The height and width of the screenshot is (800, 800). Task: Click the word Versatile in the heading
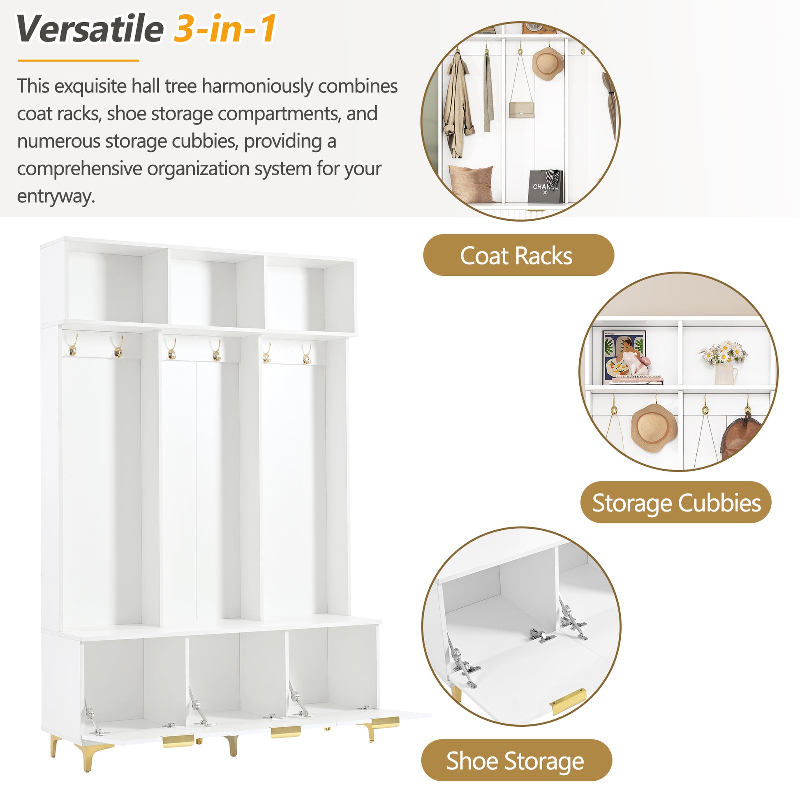pyautogui.click(x=90, y=29)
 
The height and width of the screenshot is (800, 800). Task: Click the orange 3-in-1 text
pyautogui.click(x=225, y=29)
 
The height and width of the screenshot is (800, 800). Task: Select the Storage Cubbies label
pyautogui.click(x=676, y=503)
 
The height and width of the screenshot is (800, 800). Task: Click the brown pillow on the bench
pyautogui.click(x=471, y=183)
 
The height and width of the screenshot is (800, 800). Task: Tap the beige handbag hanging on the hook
pyautogui.click(x=521, y=110)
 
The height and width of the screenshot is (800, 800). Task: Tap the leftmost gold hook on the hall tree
pyautogui.click(x=72, y=346)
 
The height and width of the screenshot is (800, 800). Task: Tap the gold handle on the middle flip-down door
pyautogui.click(x=286, y=731)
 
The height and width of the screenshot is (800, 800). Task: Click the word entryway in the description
pyautogui.click(x=56, y=196)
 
